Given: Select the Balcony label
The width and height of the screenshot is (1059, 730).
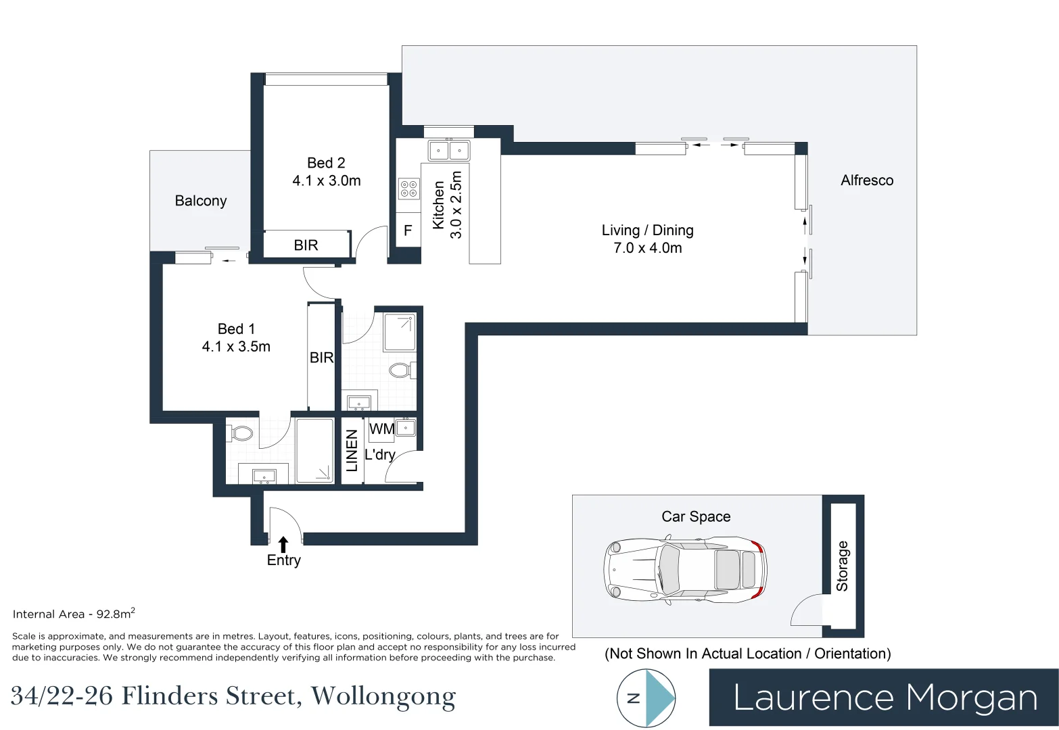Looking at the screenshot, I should (x=200, y=201).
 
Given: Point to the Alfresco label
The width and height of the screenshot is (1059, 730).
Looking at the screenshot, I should (x=866, y=180).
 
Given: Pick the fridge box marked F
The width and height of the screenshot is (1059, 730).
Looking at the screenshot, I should (x=408, y=230).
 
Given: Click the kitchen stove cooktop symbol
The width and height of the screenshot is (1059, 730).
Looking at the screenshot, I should (x=408, y=189).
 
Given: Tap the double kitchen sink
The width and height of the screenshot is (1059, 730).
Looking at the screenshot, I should (x=448, y=149).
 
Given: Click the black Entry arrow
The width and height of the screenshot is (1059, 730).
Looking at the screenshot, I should (x=283, y=545).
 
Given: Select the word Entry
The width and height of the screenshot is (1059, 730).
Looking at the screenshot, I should (x=283, y=560).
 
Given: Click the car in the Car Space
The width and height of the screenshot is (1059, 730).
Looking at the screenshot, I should (x=685, y=570).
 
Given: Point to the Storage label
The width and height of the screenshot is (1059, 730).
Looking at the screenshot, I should (x=842, y=566).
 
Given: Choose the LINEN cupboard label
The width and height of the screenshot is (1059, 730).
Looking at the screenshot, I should (x=352, y=450).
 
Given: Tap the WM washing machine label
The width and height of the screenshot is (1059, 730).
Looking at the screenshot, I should (x=381, y=429).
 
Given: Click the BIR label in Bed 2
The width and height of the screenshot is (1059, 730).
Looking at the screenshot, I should (x=306, y=245).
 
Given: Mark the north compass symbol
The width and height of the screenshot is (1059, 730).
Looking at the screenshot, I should (x=646, y=698).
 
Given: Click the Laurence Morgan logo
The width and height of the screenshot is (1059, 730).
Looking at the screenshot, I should (x=884, y=698).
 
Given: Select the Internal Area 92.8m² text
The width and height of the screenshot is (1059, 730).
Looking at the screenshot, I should (x=74, y=614).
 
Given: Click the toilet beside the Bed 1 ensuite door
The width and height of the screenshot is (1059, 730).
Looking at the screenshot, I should (x=241, y=432).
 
